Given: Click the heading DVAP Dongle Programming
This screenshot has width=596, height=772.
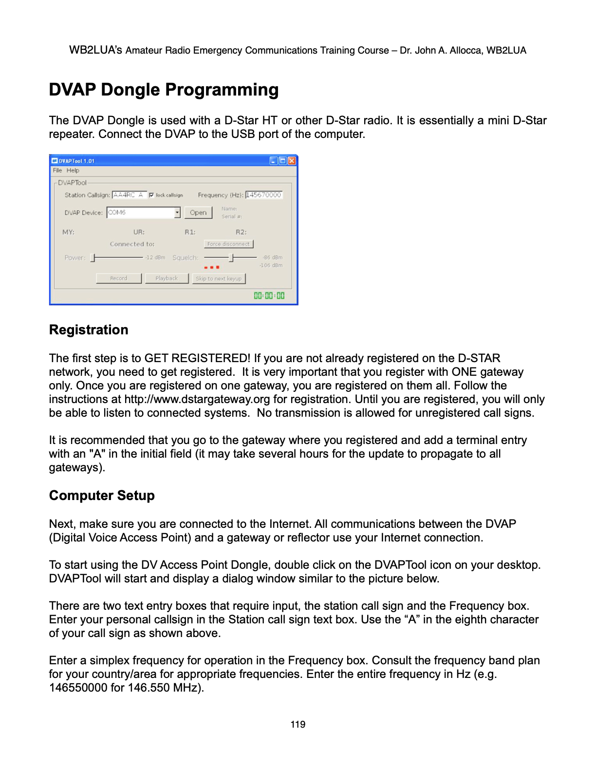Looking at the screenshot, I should [164, 90].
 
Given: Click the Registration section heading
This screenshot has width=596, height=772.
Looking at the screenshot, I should [89, 330].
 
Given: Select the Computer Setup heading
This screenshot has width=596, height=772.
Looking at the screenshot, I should [102, 496].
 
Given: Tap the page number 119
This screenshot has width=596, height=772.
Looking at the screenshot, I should [298, 724].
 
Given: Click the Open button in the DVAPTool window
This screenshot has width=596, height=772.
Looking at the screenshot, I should [198, 212].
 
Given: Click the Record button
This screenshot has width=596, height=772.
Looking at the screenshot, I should [119, 278].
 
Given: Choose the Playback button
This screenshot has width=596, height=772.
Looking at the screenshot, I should [167, 278].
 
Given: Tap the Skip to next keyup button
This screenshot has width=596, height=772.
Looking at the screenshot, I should [219, 279].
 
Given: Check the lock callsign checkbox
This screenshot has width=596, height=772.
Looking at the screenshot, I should [151, 195].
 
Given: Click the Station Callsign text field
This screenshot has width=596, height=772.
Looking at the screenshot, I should [129, 195].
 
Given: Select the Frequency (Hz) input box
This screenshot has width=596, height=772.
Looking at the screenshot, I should [263, 195].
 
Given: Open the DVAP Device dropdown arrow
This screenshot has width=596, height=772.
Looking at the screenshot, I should [177, 212].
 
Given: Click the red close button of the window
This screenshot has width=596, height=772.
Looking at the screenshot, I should [292, 161].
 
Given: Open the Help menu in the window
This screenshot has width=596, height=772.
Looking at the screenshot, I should [73, 171].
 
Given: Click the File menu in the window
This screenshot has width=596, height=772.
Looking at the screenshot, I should [57, 171].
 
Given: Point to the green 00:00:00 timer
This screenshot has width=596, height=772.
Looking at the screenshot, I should [269, 295].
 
